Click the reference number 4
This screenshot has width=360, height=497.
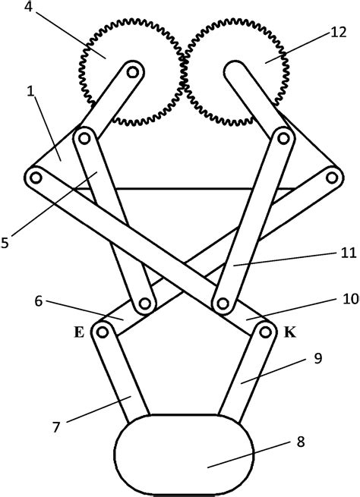coord(29,7)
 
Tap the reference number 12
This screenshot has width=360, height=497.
coord(338,33)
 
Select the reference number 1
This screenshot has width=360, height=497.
coord(30,92)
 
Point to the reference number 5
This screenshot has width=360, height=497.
coord(5,243)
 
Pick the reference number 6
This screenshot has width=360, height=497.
coord(39,301)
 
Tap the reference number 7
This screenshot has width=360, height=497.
coord(56,428)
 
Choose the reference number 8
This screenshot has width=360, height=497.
coord(301,442)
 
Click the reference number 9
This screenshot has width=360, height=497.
coord(317,358)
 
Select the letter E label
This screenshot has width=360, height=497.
coord(79,332)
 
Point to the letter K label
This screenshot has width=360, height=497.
coord(289,332)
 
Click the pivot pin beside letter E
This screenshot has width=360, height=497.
coord(102,332)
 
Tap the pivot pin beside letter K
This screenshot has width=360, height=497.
coord(265,332)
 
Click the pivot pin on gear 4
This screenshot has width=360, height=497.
coord(133,73)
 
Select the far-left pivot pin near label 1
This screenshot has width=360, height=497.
coord(36,178)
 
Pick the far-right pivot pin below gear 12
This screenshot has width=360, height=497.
coord(332,178)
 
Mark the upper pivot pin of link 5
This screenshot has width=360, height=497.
coord(84,139)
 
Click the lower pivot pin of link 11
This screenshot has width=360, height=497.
coord(223,304)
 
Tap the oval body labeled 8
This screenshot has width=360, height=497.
coord(184,455)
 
